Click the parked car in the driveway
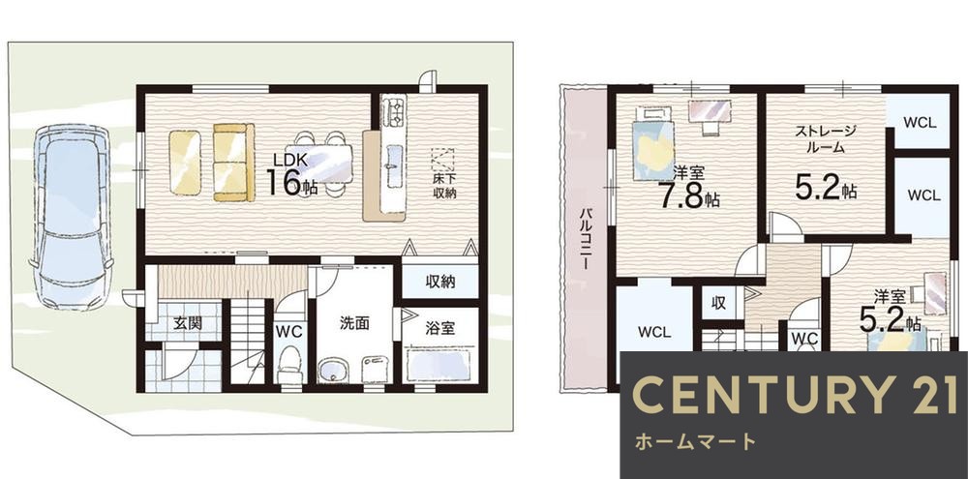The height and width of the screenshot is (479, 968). click(x=71, y=214)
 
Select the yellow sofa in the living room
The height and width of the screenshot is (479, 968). click(x=232, y=162)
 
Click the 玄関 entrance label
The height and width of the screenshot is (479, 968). click(x=188, y=323)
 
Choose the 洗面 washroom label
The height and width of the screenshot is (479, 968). click(x=354, y=324)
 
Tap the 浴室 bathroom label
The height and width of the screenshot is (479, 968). click(x=440, y=328)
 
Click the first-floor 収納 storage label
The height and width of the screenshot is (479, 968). click(x=440, y=283)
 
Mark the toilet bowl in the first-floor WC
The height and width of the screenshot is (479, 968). click(x=288, y=371)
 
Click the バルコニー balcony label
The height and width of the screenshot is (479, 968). click(x=587, y=237)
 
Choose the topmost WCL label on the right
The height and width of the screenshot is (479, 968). click(x=919, y=123)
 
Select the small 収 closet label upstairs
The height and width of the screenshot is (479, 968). click(x=719, y=303)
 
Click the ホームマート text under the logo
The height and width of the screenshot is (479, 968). click(x=696, y=442)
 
